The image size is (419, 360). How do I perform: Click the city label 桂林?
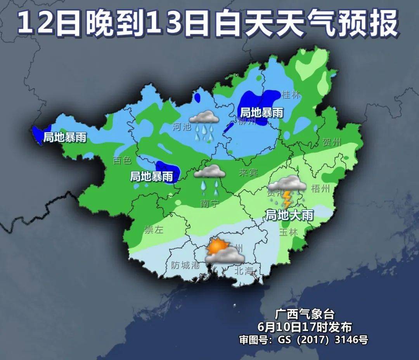[x=291, y=94]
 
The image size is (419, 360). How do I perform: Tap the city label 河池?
[x=182, y=126]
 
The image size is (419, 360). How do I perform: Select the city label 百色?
[x=123, y=160]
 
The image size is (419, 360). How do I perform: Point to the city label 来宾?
[x=248, y=173]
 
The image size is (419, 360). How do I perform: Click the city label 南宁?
[x=210, y=203]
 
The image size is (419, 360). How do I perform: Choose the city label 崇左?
[x=154, y=229]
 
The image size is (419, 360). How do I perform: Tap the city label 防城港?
[x=185, y=265]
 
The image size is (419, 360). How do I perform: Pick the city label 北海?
[x=244, y=271]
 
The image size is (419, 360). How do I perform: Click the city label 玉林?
[x=288, y=232]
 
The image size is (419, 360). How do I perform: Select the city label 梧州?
[x=320, y=189]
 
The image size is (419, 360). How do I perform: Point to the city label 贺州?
[x=332, y=142]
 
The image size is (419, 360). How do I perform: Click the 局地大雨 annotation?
[x=289, y=215]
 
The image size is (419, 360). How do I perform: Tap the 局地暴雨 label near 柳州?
[x=261, y=113]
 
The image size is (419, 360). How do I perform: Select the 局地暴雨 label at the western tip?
[x=64, y=137]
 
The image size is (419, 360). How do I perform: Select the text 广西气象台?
[x=304, y=313]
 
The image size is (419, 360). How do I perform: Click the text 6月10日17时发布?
[x=304, y=326]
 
